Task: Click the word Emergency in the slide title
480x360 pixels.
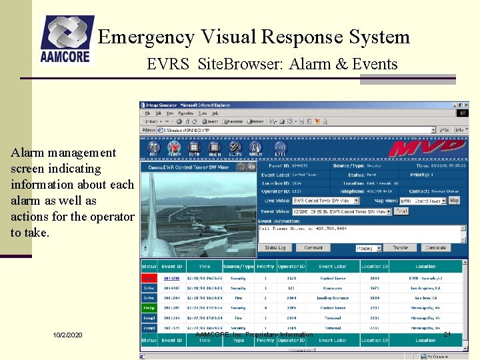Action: [x=141, y=37]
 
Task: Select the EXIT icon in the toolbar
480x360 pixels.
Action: [x=281, y=149]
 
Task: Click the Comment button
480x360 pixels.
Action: [x=314, y=248]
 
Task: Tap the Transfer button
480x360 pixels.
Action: [x=400, y=248]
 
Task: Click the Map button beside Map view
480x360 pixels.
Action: [x=454, y=201]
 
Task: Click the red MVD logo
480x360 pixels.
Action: [x=427, y=149]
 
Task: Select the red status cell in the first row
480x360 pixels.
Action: [x=149, y=277]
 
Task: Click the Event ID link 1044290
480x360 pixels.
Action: [x=172, y=277]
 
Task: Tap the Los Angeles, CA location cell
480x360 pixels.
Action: [x=425, y=288]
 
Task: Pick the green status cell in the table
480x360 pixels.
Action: [x=149, y=308]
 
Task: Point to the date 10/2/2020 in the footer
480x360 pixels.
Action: [x=68, y=334]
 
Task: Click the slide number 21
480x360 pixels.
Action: [x=448, y=334]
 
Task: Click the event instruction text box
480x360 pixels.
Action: [x=360, y=233]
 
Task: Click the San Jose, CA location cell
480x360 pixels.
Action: [x=425, y=298]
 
